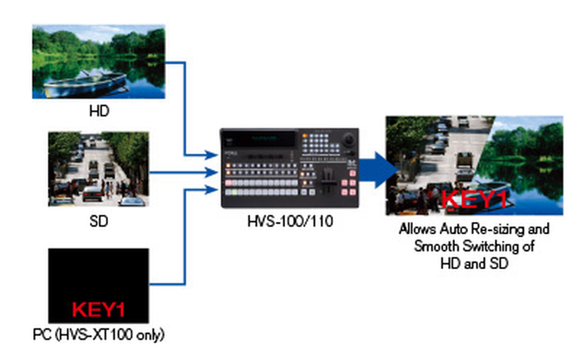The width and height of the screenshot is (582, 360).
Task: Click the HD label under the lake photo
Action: pyautogui.click(x=99, y=111)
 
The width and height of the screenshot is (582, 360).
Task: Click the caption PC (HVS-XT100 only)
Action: pyautogui.click(x=98, y=335)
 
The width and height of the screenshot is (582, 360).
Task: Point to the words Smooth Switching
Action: pyautogui.click(x=474, y=246)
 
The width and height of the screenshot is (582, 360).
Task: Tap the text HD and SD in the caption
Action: pyautogui.click(x=474, y=263)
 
